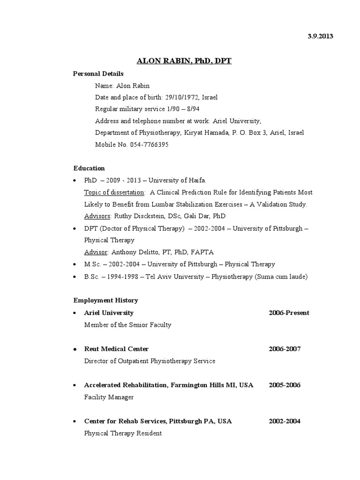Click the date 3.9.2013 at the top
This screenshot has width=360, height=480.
point(320,37)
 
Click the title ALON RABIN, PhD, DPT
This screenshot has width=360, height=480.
point(184,61)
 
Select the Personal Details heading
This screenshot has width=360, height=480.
point(98,74)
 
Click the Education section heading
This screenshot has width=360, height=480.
point(89,168)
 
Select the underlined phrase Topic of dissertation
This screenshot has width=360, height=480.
point(114,192)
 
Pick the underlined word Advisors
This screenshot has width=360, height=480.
point(97,216)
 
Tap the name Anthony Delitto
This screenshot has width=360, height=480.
point(135,252)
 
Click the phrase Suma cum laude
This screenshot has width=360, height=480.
point(281,277)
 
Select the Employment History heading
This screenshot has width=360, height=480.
point(105,300)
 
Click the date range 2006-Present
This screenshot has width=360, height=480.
point(289,313)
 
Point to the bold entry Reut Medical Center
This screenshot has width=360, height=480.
point(116,349)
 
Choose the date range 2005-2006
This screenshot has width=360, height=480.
point(285,385)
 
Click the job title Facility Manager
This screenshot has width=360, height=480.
point(109,397)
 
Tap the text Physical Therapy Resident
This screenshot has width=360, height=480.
point(123,433)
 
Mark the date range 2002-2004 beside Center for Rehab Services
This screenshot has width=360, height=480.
point(285,421)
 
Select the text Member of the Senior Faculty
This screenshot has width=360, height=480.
point(127,325)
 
